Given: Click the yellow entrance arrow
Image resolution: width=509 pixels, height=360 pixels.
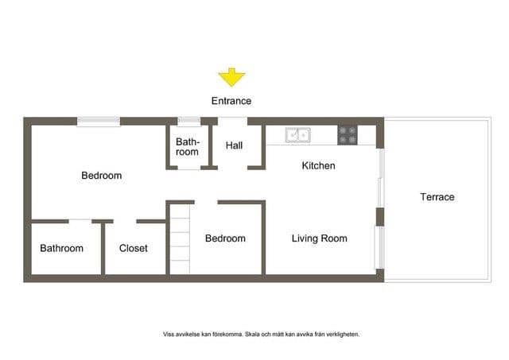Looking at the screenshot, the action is click(x=231, y=77).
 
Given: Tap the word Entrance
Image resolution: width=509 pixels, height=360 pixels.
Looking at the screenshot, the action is click(x=231, y=101).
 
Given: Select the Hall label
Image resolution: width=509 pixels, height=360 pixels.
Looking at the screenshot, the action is click(x=234, y=145).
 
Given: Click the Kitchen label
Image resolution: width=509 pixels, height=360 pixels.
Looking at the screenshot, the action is click(x=318, y=165).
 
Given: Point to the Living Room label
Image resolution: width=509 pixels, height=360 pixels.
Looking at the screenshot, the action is click(x=320, y=238).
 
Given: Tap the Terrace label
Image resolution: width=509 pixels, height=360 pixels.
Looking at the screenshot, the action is click(x=437, y=197).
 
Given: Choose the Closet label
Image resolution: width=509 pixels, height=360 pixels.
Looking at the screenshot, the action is click(x=133, y=248).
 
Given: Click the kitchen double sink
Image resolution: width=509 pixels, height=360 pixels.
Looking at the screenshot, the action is click(x=297, y=135).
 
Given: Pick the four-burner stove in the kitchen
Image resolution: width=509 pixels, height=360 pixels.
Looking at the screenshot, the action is click(x=348, y=135).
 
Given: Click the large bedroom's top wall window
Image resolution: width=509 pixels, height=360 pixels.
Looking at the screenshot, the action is click(x=99, y=122).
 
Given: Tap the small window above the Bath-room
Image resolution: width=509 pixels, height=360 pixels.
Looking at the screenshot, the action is click(x=189, y=122).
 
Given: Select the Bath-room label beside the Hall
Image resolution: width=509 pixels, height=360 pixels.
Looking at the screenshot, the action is click(x=188, y=146).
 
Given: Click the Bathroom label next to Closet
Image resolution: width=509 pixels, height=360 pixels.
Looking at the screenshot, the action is click(x=62, y=248).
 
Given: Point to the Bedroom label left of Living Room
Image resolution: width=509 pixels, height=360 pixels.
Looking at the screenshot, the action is click(x=225, y=238).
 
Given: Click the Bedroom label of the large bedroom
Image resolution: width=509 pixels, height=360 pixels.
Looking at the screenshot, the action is click(x=102, y=176).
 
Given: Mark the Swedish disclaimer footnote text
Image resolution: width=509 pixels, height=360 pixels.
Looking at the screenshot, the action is click(x=262, y=334).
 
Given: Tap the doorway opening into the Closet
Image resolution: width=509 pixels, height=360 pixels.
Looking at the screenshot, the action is click(x=125, y=222).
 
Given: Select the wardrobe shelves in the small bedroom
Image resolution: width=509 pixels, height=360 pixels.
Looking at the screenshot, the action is click(x=180, y=239).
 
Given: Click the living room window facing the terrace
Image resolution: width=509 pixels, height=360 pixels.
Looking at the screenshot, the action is click(x=380, y=247).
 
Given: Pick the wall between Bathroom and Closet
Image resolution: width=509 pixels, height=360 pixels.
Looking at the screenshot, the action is click(x=103, y=249).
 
